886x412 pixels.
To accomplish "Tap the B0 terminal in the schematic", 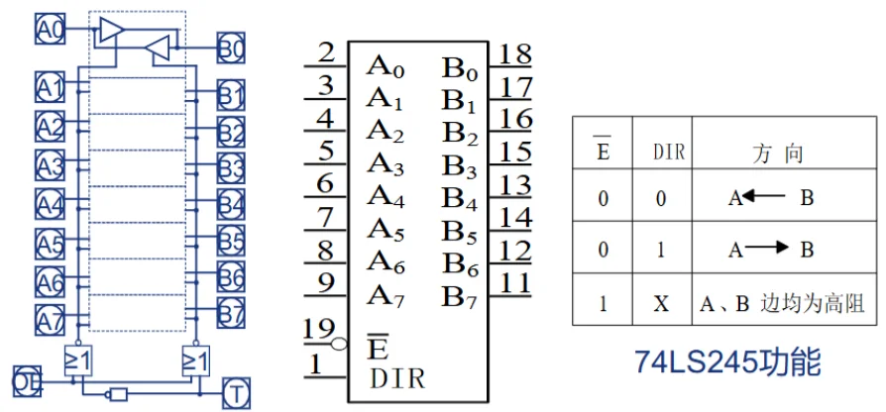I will click(x=231, y=47).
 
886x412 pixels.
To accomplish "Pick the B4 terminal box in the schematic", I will click(x=231, y=205).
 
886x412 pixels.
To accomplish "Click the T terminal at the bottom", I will click(x=237, y=391).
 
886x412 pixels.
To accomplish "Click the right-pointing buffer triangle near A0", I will click(x=109, y=31).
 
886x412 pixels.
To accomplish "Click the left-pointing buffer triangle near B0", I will click(x=157, y=47).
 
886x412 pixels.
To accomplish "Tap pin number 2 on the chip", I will click(x=326, y=53).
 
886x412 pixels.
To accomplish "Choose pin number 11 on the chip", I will click(x=514, y=281).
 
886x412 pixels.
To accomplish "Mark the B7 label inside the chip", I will click(x=461, y=295).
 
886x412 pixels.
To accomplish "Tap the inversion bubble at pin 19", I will click(x=340, y=345).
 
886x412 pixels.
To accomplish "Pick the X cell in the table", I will click(x=661, y=302).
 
